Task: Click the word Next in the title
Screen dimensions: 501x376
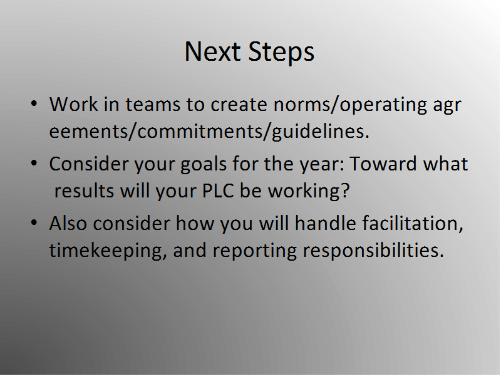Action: tap(212, 51)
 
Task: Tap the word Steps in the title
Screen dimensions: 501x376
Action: tap(281, 52)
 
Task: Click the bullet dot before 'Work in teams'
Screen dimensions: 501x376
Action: tap(34, 103)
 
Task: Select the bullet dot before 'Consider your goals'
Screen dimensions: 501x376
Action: tap(34, 163)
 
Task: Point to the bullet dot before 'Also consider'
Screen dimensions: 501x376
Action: tap(34, 222)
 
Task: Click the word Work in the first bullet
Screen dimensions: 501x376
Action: tap(73, 104)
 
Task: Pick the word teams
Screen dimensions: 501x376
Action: tap(153, 105)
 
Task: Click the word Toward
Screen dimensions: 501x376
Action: tap(383, 164)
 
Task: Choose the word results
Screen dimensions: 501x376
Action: tap(84, 191)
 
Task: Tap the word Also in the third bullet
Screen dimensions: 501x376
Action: tap(68, 223)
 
